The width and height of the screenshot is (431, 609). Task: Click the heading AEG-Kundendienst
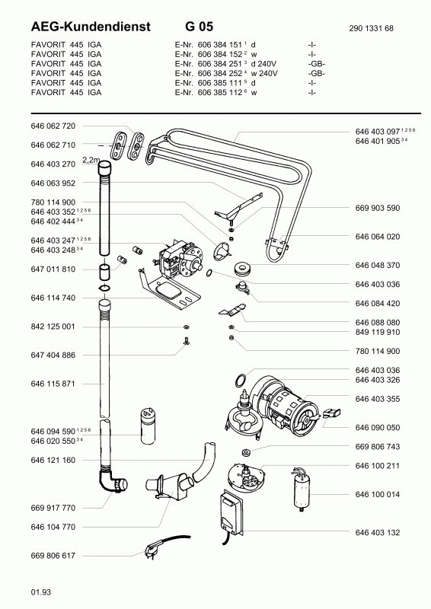click(x=91, y=27)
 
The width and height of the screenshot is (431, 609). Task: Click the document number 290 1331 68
click(x=371, y=28)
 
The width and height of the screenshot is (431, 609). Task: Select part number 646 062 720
click(x=53, y=126)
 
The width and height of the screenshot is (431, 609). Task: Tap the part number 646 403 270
click(x=53, y=164)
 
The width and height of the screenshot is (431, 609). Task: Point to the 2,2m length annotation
click(x=91, y=160)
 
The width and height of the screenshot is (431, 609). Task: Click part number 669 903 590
click(x=378, y=208)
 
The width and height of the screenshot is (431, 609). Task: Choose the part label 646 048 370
click(x=378, y=265)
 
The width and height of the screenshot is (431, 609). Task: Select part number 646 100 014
click(x=378, y=494)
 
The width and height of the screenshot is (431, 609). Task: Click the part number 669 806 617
click(x=53, y=556)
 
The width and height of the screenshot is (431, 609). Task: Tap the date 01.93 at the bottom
click(x=41, y=592)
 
